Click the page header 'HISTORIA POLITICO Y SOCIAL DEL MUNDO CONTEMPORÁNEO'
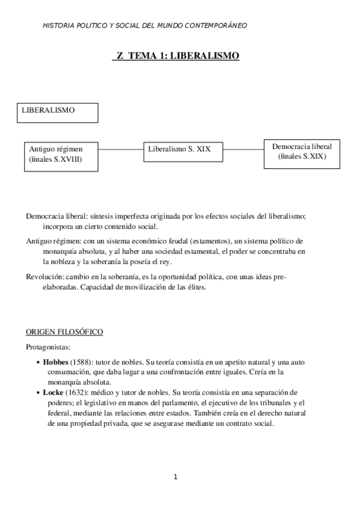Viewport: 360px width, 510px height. [145, 25]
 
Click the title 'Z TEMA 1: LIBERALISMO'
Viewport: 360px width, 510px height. [176, 56]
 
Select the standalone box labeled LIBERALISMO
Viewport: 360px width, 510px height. [58, 113]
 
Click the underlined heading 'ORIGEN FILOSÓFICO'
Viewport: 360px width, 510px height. [64, 331]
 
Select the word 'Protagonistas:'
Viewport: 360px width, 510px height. [47, 347]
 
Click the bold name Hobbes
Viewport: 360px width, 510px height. [56, 363]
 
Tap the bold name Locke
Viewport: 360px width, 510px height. [53, 392]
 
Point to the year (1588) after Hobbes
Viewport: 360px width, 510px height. [82, 363]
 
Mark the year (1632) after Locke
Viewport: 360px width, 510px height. [77, 392]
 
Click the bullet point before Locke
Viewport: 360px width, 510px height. [38, 393]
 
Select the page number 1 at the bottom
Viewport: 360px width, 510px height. [175, 477]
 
